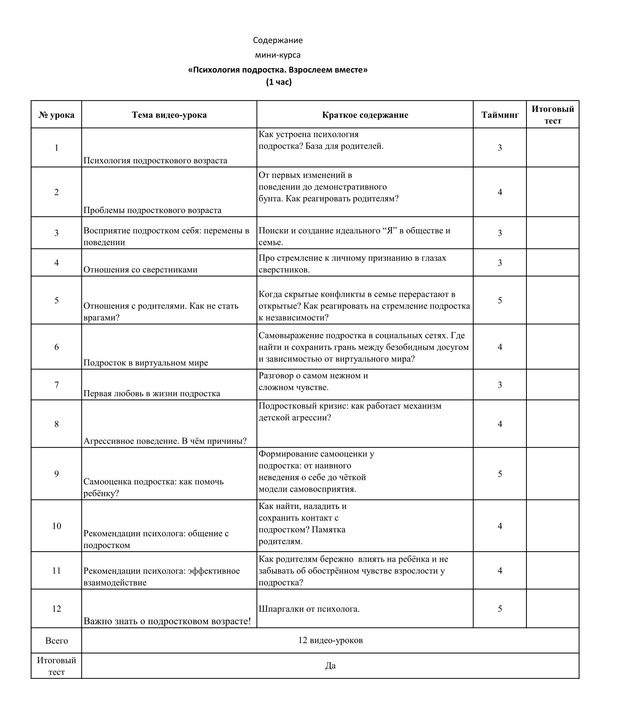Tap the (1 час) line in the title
279,82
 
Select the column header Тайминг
500,115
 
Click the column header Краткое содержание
365,115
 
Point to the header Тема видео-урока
169,115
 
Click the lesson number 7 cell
57,385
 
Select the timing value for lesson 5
500,300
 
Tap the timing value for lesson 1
500,148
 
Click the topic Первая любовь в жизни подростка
152,394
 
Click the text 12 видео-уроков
330,640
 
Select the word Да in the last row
330,666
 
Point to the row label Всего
57,641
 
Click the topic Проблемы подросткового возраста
152,210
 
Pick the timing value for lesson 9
500,474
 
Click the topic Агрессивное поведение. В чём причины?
165,441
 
